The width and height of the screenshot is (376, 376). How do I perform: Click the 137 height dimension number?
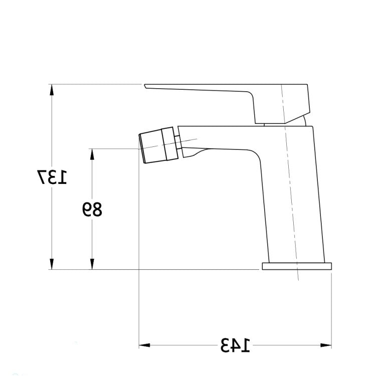pyautogui.click(x=51, y=178)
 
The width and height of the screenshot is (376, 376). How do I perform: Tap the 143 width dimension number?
pyautogui.click(x=235, y=345)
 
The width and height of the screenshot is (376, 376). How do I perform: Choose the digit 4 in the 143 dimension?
pyautogui.click(x=235, y=345)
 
